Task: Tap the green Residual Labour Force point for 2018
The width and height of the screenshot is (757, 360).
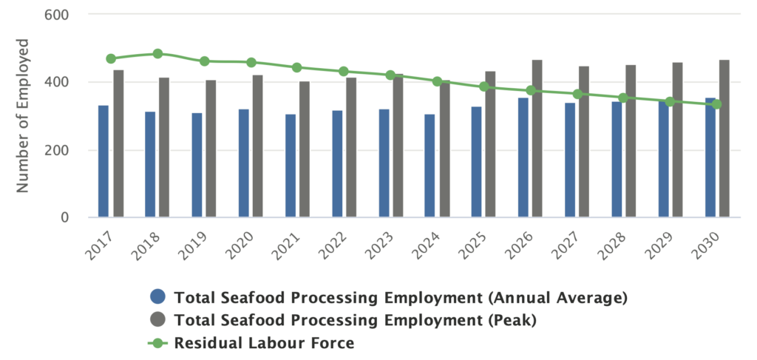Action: (x=157, y=53)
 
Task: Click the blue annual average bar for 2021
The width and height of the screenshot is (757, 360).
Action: (x=290, y=166)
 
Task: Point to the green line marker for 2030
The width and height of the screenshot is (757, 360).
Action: (x=716, y=104)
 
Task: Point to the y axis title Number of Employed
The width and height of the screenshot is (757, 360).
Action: (x=24, y=116)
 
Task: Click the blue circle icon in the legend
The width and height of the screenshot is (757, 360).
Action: (x=157, y=297)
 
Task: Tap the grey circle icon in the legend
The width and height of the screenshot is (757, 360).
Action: (x=157, y=320)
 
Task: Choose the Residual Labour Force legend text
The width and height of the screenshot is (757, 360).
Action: (x=264, y=343)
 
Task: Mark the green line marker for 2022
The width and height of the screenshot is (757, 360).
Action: (x=344, y=72)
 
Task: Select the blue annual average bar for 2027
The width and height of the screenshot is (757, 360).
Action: (x=570, y=160)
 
